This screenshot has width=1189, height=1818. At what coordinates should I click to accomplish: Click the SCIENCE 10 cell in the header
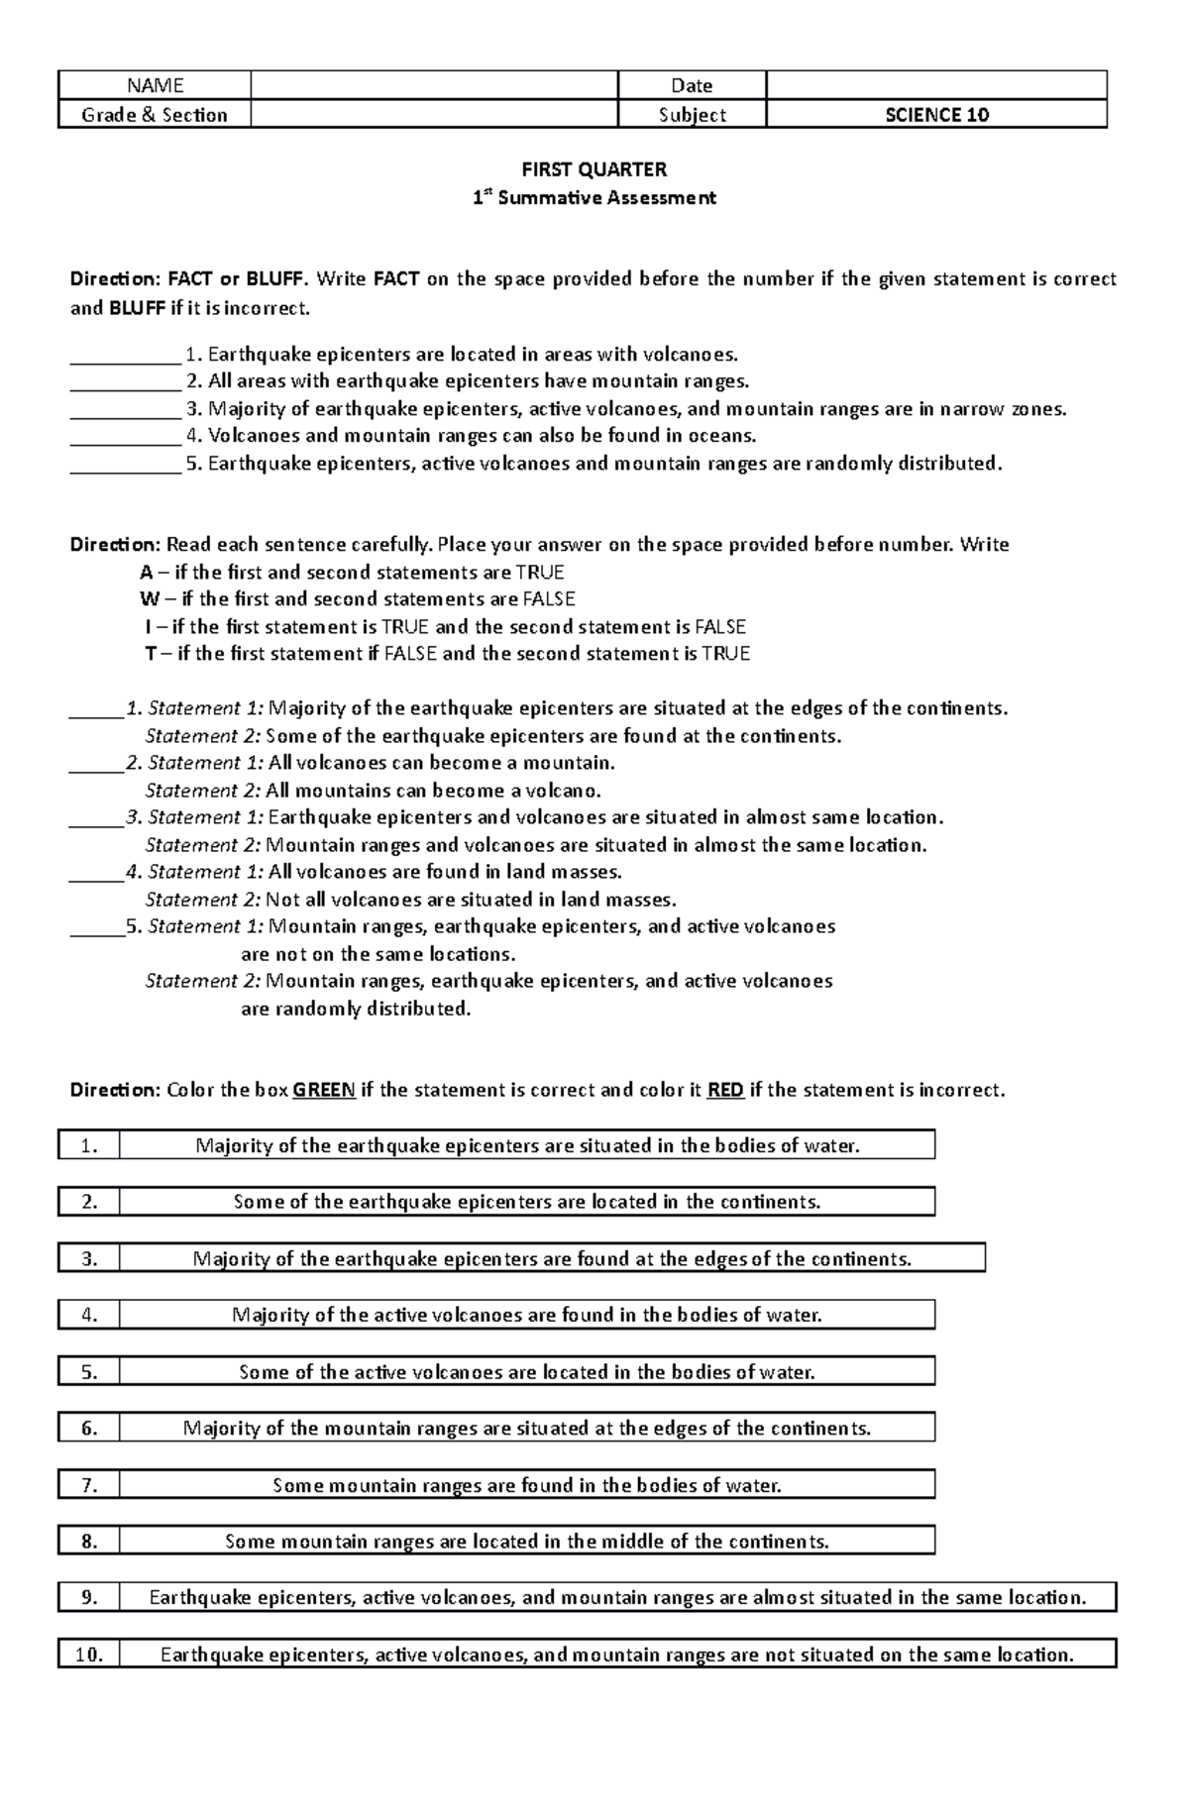pos(936,115)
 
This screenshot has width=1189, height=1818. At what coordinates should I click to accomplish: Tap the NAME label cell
pos(155,86)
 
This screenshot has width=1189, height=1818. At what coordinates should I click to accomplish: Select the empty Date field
pos(936,86)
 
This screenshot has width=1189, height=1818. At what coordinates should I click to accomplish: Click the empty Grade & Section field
pos(434,115)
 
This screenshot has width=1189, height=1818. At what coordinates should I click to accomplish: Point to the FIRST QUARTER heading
pos(594,169)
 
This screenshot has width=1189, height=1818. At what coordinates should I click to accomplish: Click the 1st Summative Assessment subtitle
pos(594,197)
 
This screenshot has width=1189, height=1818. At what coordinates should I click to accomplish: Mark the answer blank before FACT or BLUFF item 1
pos(125,355)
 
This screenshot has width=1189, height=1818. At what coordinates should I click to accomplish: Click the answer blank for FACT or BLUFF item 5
pos(125,464)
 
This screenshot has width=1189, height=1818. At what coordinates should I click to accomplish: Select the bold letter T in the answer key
pos(151,654)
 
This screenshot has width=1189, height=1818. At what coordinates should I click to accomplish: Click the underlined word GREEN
pos(324,1090)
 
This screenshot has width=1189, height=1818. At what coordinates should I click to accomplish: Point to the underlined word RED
pos(725,1090)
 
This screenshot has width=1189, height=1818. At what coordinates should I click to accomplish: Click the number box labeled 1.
pos(89,1146)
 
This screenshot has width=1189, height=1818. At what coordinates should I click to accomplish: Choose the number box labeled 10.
pos(89,1655)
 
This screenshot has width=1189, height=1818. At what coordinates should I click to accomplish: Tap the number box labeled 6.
pos(89,1429)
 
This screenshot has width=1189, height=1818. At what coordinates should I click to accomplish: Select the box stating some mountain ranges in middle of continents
pos(527,1542)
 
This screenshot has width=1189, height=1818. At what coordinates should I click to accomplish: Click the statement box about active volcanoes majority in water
pos(527,1316)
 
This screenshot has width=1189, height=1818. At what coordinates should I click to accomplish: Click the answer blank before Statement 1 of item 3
pos(96,818)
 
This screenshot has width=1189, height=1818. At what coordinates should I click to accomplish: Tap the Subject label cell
pos(692,115)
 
